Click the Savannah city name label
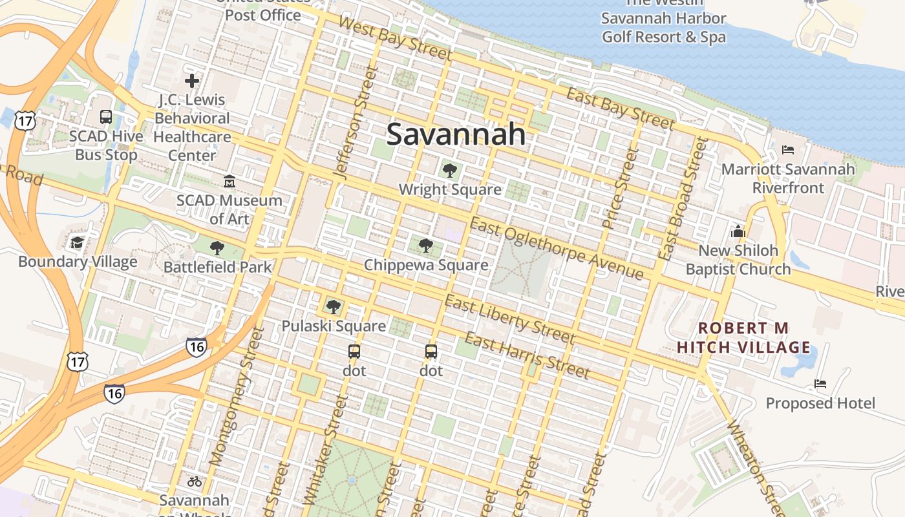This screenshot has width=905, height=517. pos(456,134)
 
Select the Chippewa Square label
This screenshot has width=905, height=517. pos(426,265)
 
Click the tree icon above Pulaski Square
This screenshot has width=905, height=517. pos(334,307)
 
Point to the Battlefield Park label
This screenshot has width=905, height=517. pos(218,266)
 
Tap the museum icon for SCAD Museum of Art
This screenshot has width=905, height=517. pos(229,182)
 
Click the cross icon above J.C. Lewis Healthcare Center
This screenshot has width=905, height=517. pos(191,81)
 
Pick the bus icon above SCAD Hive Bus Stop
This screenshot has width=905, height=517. pos(106,117)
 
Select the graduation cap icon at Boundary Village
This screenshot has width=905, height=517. pos(78,243)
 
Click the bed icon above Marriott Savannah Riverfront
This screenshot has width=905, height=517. pos(787,150)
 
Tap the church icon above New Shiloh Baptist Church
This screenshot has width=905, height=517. pos(738,231)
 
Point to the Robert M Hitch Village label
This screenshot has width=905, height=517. pos(743,337)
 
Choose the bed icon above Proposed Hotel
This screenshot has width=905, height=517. pos(820,384)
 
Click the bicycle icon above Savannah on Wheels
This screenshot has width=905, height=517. pos(194,481)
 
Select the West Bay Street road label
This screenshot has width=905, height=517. pos(394,38)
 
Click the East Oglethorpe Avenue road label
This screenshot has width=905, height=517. pos(557,249)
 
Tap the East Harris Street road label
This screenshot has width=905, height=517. pos(527,356)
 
